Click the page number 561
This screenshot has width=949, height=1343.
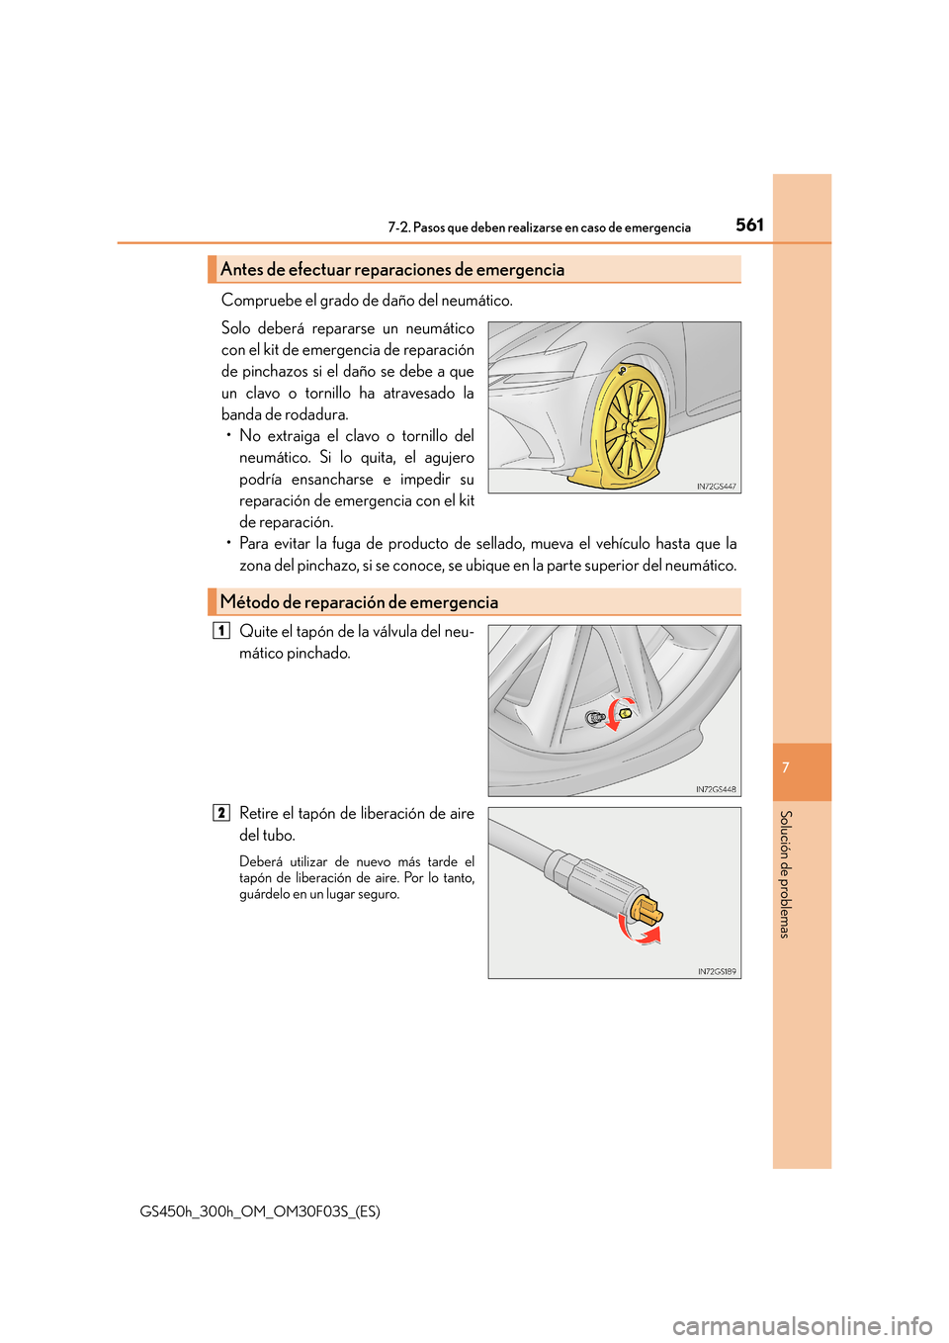(x=749, y=224)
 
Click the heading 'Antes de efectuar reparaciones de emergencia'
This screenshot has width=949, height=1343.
(x=392, y=270)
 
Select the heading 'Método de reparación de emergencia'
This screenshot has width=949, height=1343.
(x=359, y=602)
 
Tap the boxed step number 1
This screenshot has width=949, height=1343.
(x=221, y=631)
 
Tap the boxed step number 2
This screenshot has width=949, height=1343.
(x=221, y=813)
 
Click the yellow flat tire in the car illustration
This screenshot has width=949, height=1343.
(x=629, y=427)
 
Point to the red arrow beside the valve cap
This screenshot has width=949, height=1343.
(x=619, y=715)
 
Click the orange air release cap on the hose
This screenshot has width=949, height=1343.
(x=647, y=907)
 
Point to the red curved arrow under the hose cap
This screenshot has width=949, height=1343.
(x=639, y=931)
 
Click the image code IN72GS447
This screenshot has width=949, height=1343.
(x=716, y=487)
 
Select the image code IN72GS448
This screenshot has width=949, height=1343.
(x=716, y=789)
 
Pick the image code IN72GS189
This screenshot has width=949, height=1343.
(x=717, y=971)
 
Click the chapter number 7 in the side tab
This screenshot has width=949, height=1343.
(x=785, y=768)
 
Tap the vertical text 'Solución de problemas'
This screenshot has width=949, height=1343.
(x=785, y=874)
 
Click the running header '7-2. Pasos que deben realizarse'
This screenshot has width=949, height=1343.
(x=539, y=227)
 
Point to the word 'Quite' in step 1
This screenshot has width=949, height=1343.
(x=258, y=632)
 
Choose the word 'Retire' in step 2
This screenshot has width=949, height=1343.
(x=259, y=814)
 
